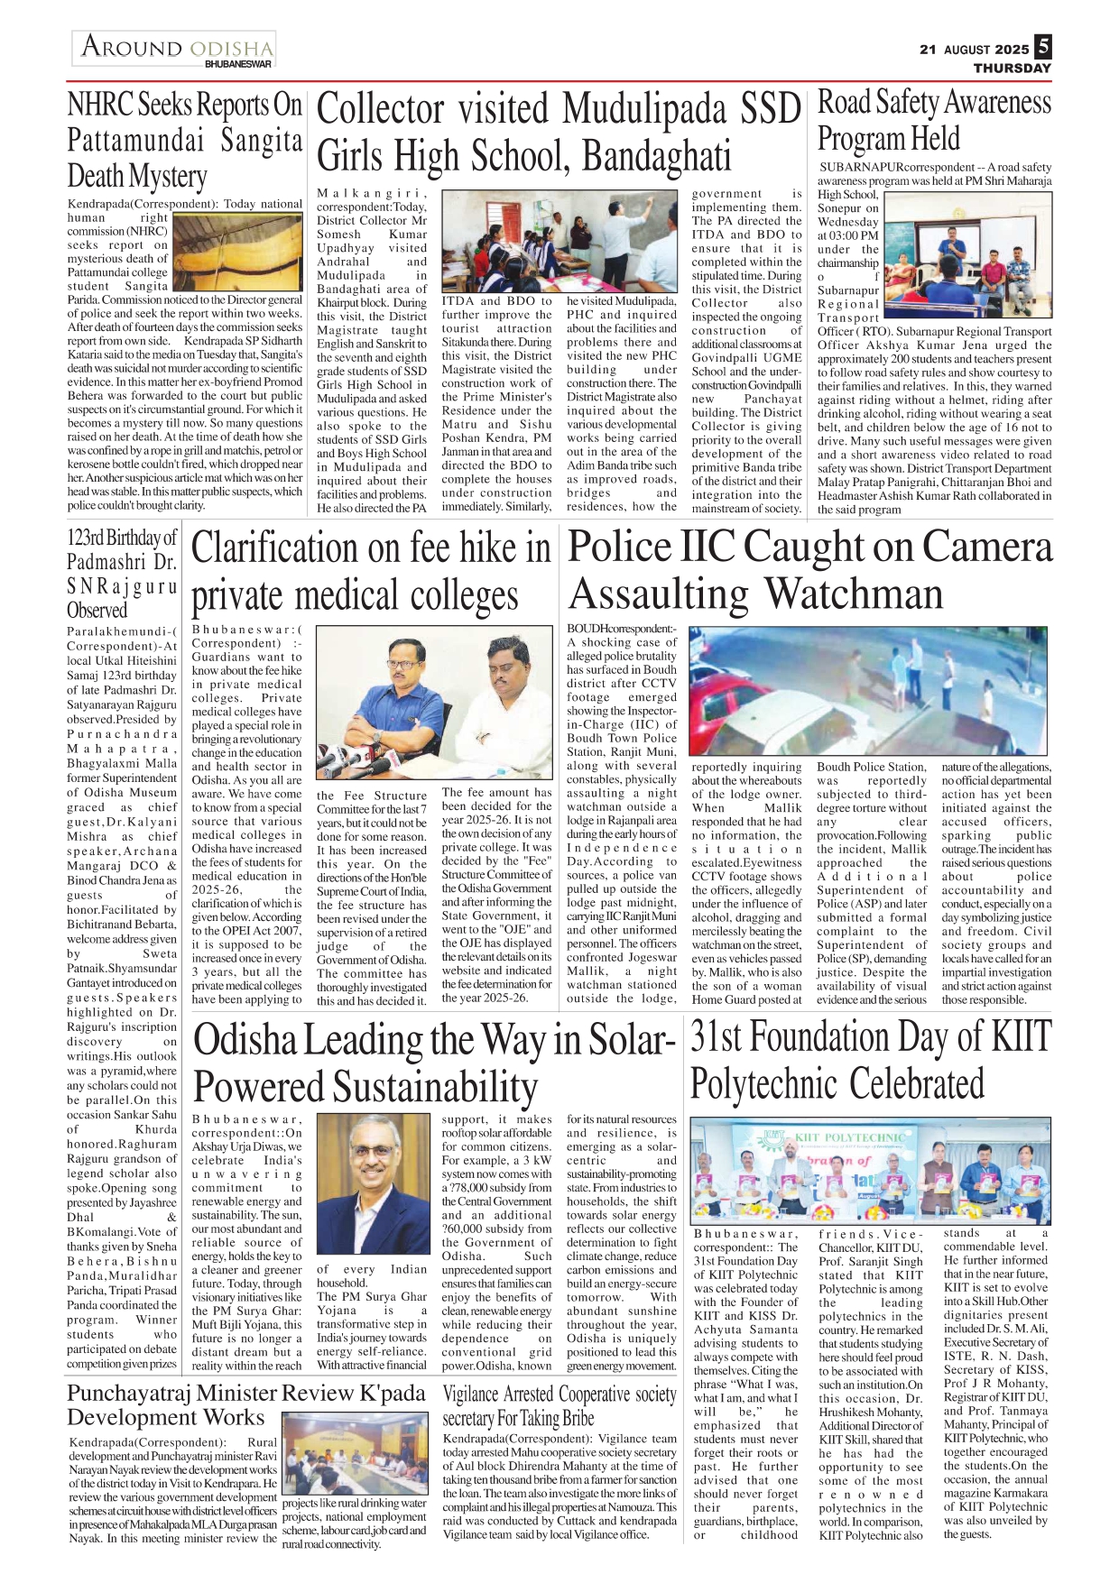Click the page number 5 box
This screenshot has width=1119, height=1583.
tap(1043, 47)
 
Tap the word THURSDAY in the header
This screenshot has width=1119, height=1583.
tap(1012, 69)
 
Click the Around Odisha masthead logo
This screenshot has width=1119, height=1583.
tap(175, 48)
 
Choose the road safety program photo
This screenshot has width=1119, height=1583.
tap(968, 255)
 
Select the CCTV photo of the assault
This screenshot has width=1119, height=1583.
tap(868, 691)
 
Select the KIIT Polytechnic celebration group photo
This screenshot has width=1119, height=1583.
tap(870, 1170)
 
